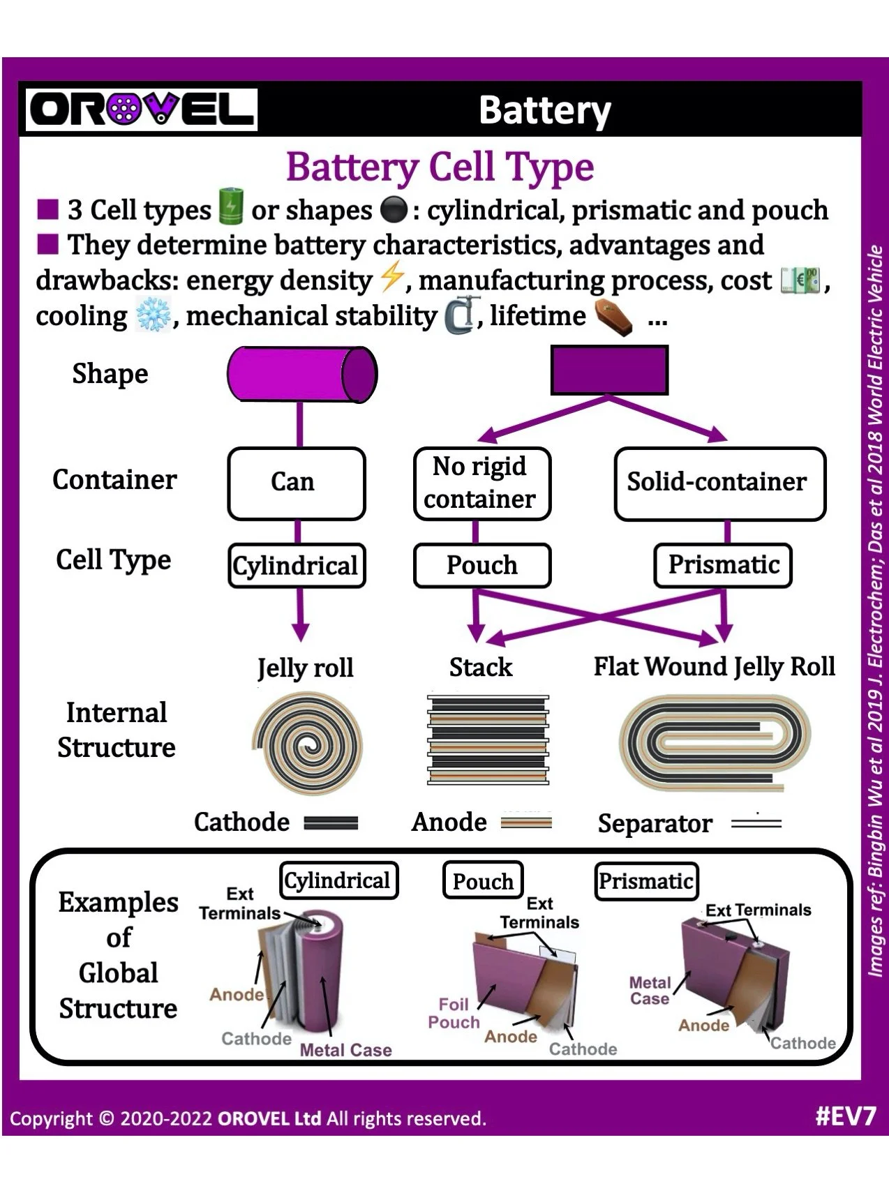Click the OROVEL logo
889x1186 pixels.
point(142,110)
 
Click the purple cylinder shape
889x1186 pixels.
point(301,374)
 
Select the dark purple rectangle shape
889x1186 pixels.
point(609,370)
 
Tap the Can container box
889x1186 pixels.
point(297,483)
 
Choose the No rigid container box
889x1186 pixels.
point(481,483)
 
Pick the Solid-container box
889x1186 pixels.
point(719,483)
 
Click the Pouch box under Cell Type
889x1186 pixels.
point(482,565)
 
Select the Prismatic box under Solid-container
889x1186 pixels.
point(723,565)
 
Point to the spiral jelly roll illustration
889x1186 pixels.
point(307,744)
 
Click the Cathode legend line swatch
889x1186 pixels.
point(331,823)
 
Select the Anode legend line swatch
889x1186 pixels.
point(526,823)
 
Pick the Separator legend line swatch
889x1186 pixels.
point(756,824)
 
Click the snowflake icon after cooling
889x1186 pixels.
point(153,316)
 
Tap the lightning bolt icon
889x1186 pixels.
point(391,279)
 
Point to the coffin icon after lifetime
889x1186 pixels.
point(613,318)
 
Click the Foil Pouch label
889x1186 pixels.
point(454,1013)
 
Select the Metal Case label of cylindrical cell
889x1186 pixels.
point(345,1050)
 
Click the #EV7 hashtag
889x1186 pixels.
point(844,1116)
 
